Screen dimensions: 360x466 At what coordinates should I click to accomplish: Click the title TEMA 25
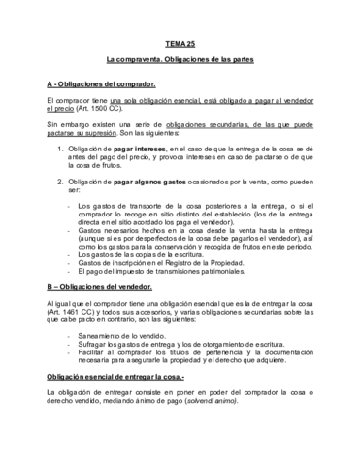click(180, 44)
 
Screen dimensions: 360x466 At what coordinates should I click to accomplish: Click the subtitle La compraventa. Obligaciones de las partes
click(180, 61)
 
